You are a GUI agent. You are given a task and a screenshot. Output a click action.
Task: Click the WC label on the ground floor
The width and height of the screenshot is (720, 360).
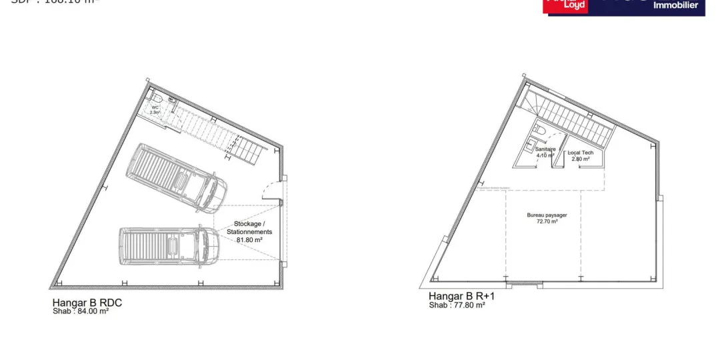pyautogui.click(x=155, y=107)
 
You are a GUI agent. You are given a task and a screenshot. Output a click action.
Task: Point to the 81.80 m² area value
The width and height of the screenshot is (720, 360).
pyautogui.click(x=249, y=239)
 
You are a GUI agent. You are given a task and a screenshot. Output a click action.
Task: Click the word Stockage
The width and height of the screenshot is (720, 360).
pyautogui.click(x=248, y=224)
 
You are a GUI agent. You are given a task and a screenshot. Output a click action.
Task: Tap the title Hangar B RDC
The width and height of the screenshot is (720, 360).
pyautogui.click(x=87, y=303)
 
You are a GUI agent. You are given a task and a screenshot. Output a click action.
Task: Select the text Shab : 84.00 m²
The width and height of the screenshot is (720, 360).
pyautogui.click(x=81, y=311)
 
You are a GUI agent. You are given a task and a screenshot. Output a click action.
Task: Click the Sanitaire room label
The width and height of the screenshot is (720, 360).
pyautogui.click(x=545, y=149)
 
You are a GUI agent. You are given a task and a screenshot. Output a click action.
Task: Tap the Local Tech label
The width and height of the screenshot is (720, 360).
pyautogui.click(x=580, y=153)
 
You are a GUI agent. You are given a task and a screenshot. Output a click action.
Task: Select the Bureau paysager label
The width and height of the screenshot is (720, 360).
pyautogui.click(x=542, y=215)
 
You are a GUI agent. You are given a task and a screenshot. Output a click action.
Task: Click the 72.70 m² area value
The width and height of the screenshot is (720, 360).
pyautogui.click(x=542, y=221)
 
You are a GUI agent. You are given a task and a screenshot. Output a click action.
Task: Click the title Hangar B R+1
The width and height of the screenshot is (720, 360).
pyautogui.click(x=461, y=297)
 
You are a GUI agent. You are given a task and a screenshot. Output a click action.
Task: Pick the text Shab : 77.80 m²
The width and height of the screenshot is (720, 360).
pyautogui.click(x=457, y=305)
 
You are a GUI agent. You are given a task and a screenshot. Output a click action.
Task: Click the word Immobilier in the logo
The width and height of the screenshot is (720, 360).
pyautogui.click(x=675, y=5)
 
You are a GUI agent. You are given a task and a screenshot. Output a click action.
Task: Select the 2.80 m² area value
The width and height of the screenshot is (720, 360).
pyautogui.click(x=580, y=159)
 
